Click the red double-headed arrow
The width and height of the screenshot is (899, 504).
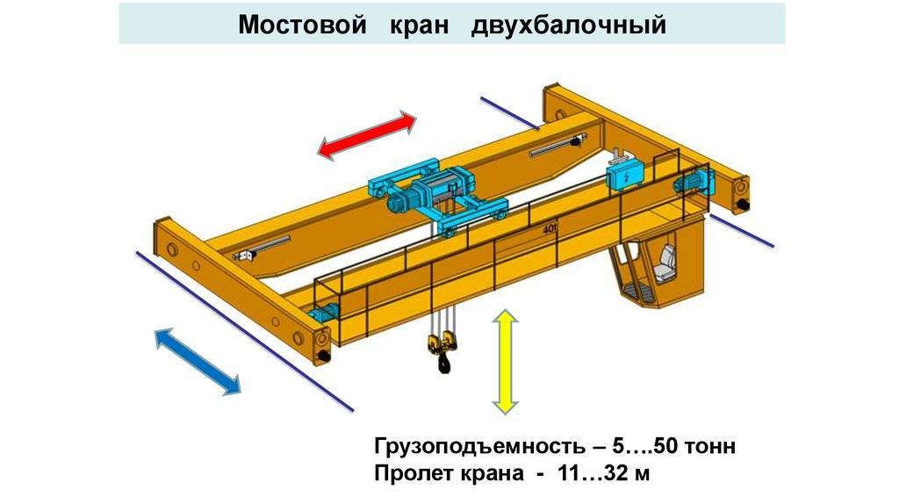point(366,135)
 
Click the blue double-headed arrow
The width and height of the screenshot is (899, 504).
point(198,359)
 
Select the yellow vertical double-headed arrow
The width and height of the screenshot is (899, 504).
point(505,360)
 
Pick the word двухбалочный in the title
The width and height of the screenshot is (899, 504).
point(568,25)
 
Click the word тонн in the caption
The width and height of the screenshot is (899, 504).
point(706,446)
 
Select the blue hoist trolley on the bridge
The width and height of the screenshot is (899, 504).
point(436,193)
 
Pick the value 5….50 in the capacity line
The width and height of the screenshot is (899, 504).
point(628,446)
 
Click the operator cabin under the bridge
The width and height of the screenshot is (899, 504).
point(654,268)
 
